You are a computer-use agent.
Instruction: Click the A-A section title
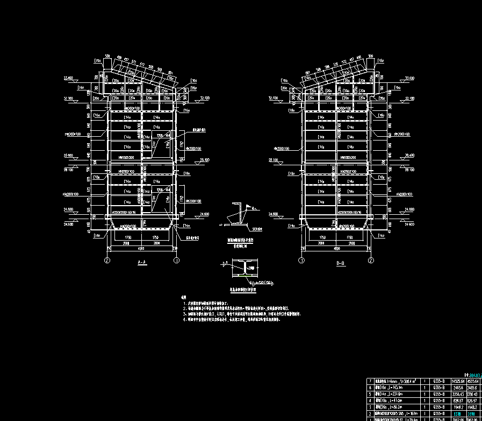click(142, 263)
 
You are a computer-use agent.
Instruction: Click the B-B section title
click(340, 264)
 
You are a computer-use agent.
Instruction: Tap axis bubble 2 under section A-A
click(107, 261)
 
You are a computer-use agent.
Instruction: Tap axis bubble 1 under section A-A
click(176, 261)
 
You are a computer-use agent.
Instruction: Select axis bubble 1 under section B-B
click(301, 261)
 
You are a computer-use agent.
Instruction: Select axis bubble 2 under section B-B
click(371, 261)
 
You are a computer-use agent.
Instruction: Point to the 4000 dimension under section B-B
click(336, 249)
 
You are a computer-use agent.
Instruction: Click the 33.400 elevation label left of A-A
click(68, 79)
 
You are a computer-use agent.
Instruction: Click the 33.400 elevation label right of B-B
click(409, 79)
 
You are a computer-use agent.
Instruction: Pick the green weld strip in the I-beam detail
click(244, 276)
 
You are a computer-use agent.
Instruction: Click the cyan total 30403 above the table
click(475, 375)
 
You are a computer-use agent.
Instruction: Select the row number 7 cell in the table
click(370, 381)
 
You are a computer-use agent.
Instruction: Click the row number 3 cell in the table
click(370, 406)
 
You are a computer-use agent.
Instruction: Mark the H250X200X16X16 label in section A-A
click(142, 214)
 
